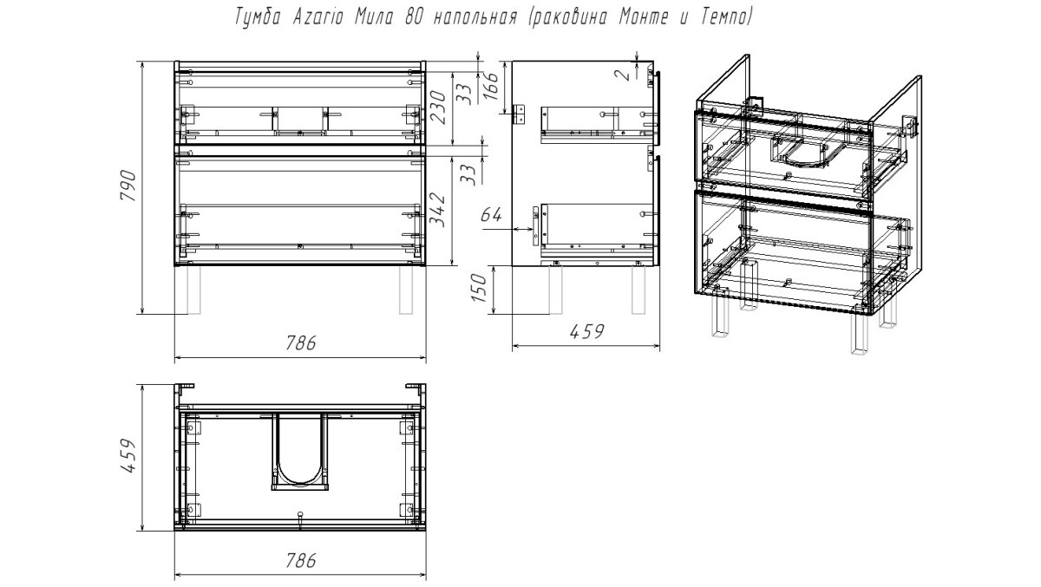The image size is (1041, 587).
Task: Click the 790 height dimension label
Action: click(x=128, y=186)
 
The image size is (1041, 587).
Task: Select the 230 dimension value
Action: click(x=438, y=108)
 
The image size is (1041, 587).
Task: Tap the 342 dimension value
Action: click(x=437, y=210)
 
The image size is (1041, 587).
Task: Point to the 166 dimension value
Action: click(x=491, y=85)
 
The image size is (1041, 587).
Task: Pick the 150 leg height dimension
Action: click(x=479, y=288)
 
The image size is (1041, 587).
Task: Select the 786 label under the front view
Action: click(x=300, y=342)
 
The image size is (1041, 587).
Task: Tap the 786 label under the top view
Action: click(x=300, y=560)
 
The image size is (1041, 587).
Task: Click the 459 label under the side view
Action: click(x=586, y=331)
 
